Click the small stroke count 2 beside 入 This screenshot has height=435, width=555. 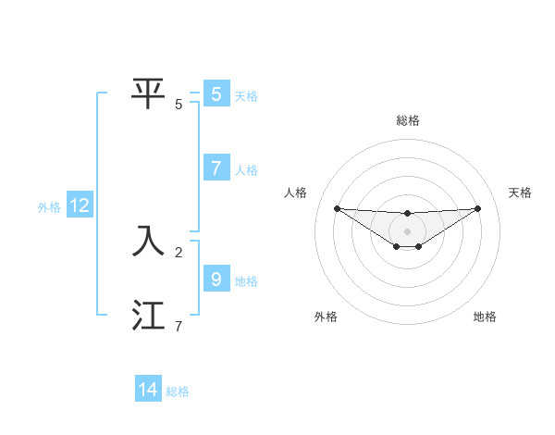(179, 251)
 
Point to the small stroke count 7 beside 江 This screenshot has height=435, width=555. (179, 325)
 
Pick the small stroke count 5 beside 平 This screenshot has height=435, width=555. (179, 104)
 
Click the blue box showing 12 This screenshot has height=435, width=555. (80, 206)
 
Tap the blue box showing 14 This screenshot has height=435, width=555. (148, 390)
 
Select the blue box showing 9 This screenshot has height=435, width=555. (216, 279)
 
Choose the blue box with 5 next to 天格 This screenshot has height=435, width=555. (216, 93)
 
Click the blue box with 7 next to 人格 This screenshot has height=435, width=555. (216, 168)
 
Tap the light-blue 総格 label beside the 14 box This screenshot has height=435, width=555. (178, 391)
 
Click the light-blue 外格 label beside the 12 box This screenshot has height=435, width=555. (49, 207)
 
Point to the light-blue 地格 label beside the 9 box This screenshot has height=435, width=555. (246, 280)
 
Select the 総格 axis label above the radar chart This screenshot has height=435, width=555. (408, 121)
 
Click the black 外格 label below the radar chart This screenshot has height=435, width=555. (326, 317)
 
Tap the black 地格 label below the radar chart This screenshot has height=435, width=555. (485, 317)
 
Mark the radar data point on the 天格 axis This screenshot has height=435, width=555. (477, 208)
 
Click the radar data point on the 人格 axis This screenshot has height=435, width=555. (337, 208)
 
